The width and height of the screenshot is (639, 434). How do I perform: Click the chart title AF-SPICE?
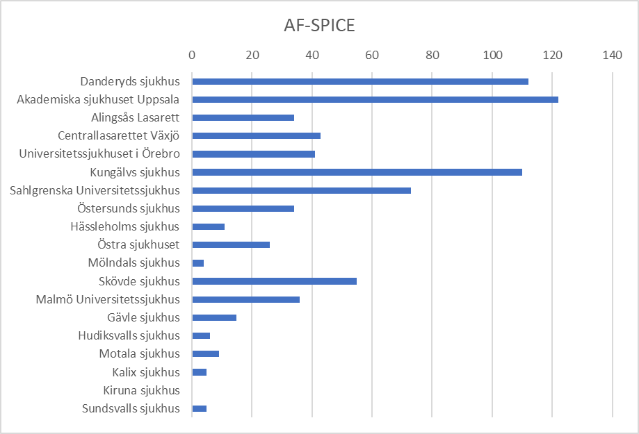coord(319,26)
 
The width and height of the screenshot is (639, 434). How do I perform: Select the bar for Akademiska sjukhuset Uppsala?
coord(375,99)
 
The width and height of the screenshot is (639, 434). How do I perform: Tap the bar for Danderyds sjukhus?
coord(359,81)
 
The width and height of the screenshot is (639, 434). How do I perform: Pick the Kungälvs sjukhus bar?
coord(357,172)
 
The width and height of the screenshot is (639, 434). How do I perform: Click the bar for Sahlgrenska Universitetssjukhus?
coord(301,190)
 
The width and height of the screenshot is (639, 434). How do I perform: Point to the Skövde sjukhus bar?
coord(274,281)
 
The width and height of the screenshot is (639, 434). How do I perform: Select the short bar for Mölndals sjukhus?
coord(198,263)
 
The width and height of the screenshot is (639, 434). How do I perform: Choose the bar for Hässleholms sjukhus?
coord(208,226)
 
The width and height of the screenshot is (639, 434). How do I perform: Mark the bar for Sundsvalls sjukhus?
coord(200,408)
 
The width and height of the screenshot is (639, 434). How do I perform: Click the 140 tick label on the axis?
coord(612,55)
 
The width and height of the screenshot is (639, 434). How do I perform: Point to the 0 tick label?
coord(192,55)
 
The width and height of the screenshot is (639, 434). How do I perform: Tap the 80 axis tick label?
coord(432,55)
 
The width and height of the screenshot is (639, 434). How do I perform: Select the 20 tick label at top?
coord(252,55)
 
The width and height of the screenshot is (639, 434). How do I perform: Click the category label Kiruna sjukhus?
coord(141,390)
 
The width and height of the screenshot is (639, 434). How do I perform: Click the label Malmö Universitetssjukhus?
coord(108,299)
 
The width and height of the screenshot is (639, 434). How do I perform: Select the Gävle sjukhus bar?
coord(214,317)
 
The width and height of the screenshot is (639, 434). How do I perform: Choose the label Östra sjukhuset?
coord(139,244)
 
